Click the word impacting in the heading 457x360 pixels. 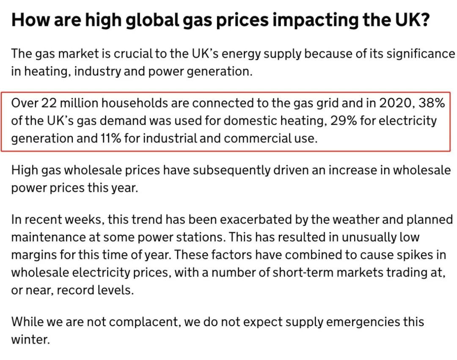[316, 20]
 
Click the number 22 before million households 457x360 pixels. [49, 103]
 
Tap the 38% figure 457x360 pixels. [432, 103]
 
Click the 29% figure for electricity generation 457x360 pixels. [343, 121]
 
